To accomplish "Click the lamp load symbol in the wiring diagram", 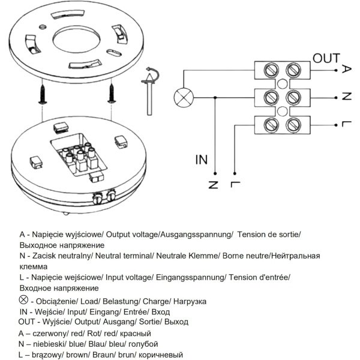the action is [x=184, y=97].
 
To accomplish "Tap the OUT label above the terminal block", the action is [x=326, y=58].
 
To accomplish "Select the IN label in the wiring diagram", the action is [x=202, y=160].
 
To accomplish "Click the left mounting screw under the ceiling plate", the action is [x=43, y=94].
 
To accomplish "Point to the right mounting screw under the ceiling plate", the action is [x=112, y=93].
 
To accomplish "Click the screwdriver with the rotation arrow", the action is [x=150, y=91].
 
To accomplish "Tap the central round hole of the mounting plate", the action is [x=76, y=40].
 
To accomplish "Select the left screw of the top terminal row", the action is [x=271, y=70].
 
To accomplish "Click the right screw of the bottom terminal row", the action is [x=293, y=125].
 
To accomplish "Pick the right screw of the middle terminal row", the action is [x=293, y=98].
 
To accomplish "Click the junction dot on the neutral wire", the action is [x=215, y=98].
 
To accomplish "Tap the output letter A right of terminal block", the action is [x=346, y=69].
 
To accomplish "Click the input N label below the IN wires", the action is [x=213, y=185].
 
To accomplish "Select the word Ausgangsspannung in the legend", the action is [x=196, y=235].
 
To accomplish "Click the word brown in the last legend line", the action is [x=76, y=355].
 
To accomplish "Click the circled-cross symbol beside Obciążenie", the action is [x=23, y=300].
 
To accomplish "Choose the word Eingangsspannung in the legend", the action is [x=190, y=277].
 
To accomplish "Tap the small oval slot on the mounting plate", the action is [x=114, y=53].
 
